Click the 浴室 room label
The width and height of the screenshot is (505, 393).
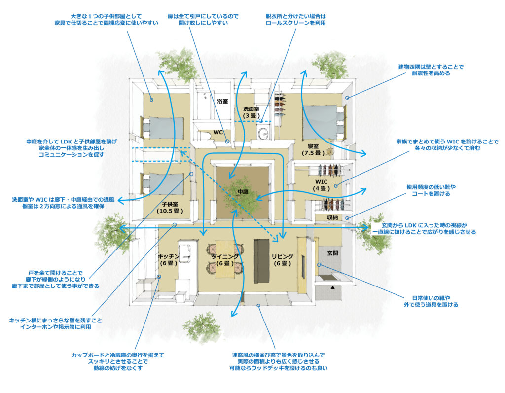coord(222,101)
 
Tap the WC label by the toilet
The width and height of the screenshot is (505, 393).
coord(218,132)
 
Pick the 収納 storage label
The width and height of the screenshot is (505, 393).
coord(332,217)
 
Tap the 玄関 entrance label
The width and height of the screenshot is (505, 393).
coord(332,253)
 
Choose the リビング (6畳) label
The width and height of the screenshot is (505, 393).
coord(282,260)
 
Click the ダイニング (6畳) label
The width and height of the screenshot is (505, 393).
coord(224,260)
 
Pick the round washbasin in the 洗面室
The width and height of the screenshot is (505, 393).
coord(263,134)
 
